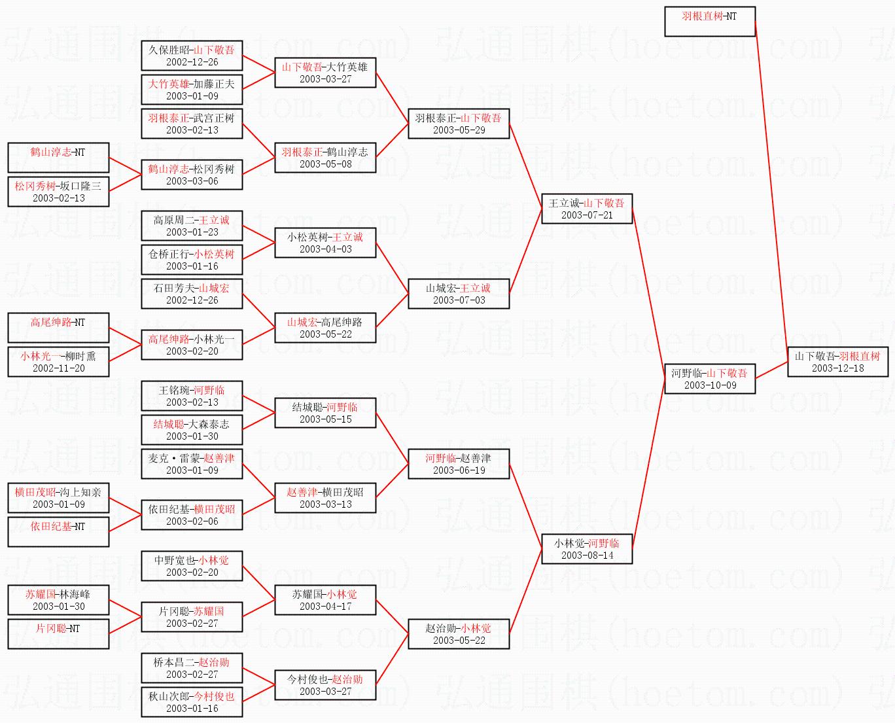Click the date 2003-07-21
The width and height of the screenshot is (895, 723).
click(587, 215)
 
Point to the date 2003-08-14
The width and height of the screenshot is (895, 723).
click(587, 555)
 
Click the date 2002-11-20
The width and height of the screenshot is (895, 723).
click(59, 368)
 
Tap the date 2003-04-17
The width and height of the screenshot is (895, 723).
click(326, 607)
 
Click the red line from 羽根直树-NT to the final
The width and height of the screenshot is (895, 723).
click(771, 192)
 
